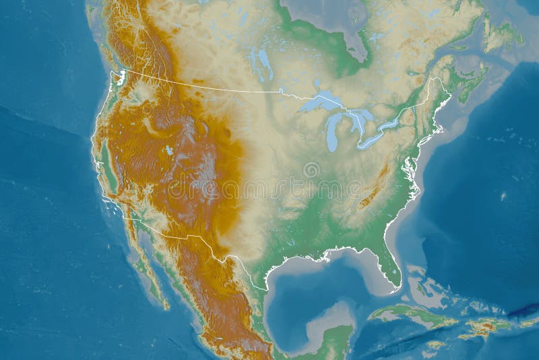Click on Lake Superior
click(317, 102)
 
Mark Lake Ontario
click(391, 124)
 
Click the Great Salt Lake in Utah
click(166, 150)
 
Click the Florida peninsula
click(389, 263)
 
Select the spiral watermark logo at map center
click(311, 169)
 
